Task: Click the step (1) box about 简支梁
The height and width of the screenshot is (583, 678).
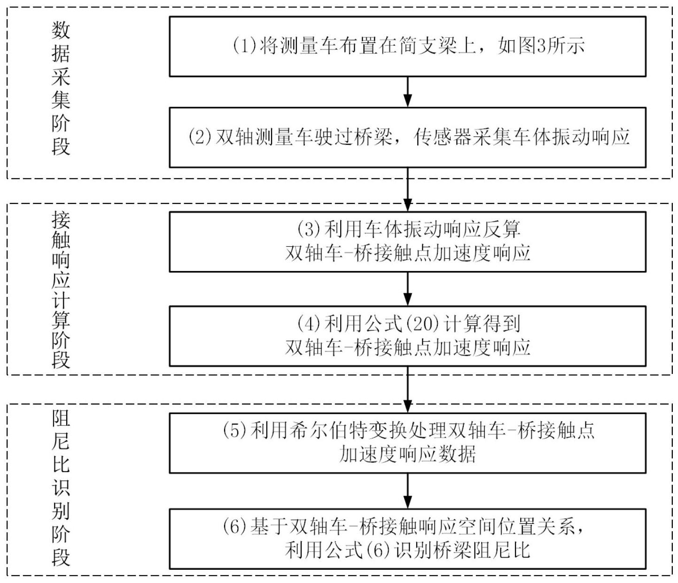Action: (x=407, y=47)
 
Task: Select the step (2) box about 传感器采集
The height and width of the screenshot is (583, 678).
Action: (x=407, y=137)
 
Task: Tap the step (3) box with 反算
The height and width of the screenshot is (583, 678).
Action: (x=407, y=241)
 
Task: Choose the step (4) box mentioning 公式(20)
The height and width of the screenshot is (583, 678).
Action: (x=407, y=336)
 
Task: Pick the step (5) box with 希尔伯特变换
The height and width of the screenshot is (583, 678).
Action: (x=407, y=443)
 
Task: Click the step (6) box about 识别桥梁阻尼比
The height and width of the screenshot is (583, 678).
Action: (x=407, y=538)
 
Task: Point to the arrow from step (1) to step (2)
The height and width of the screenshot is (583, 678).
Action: (x=407, y=92)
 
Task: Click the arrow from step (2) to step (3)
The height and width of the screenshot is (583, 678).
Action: (x=407, y=189)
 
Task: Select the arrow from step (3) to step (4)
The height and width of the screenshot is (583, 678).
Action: (x=407, y=289)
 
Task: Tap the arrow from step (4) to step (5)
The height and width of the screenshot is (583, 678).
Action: (x=407, y=389)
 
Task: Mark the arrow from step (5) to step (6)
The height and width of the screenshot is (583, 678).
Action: (x=407, y=490)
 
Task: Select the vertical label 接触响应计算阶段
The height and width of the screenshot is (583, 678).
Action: (x=61, y=289)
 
